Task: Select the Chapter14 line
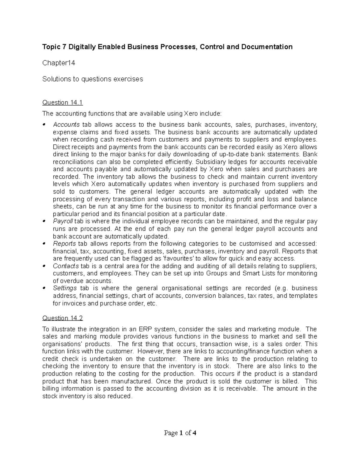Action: point(58,63)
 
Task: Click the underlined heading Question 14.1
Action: point(62,103)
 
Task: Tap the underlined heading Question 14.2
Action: point(62,318)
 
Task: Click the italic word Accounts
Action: point(66,125)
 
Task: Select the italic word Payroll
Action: point(63,221)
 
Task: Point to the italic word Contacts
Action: point(66,266)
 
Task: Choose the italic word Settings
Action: point(65,288)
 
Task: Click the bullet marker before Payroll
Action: point(44,221)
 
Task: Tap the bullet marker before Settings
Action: point(44,288)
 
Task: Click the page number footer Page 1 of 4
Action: point(180,433)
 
